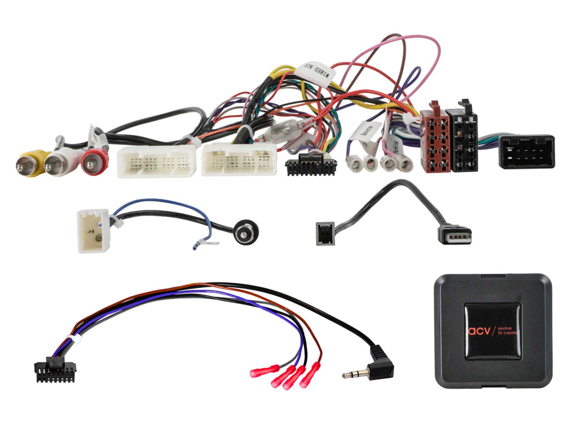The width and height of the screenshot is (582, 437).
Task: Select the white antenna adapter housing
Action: [93, 231]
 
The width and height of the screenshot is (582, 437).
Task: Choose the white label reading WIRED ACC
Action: [315, 74]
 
